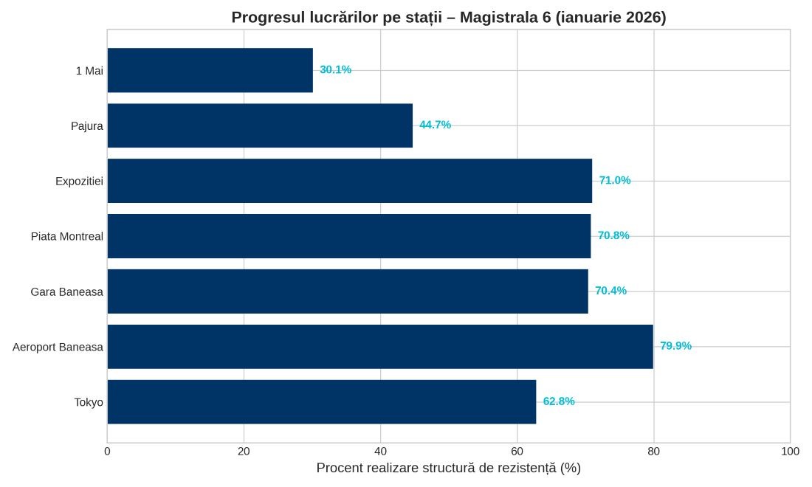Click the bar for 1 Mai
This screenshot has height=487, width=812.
[210, 70]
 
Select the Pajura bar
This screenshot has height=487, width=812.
[260, 125]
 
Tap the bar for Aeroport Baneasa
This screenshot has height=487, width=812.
[380, 347]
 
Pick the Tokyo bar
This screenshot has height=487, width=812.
[322, 402]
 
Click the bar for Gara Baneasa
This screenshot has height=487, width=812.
[348, 291]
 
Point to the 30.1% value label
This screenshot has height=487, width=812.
[336, 70]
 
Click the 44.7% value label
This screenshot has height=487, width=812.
[435, 125]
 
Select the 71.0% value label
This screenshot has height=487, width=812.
[615, 181]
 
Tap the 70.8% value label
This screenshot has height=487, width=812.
[613, 236]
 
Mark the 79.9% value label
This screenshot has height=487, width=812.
[675, 346]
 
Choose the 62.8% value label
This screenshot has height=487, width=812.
[559, 401]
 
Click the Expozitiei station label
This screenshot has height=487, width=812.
[79, 182]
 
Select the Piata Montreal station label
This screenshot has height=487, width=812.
[66, 237]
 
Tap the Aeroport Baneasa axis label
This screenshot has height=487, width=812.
[58, 348]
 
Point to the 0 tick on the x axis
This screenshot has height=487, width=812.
[108, 451]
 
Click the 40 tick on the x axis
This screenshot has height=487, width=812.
[380, 451]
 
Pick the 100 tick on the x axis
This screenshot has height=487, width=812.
[790, 451]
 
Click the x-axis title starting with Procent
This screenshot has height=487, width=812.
[448, 469]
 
